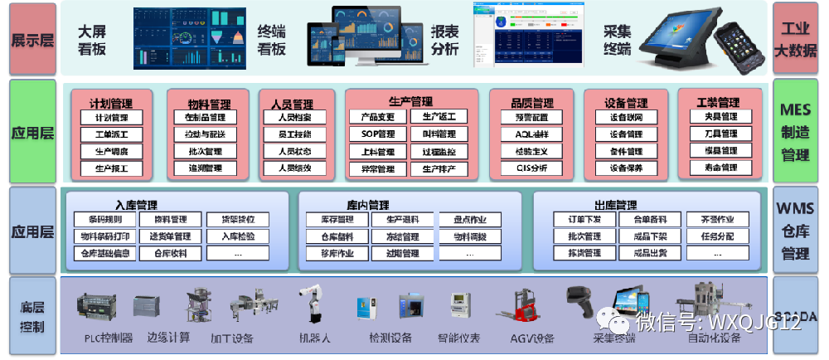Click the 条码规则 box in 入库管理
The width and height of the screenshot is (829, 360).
98,220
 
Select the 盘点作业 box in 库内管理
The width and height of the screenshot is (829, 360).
470,220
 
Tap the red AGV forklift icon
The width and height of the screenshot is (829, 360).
518,309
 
